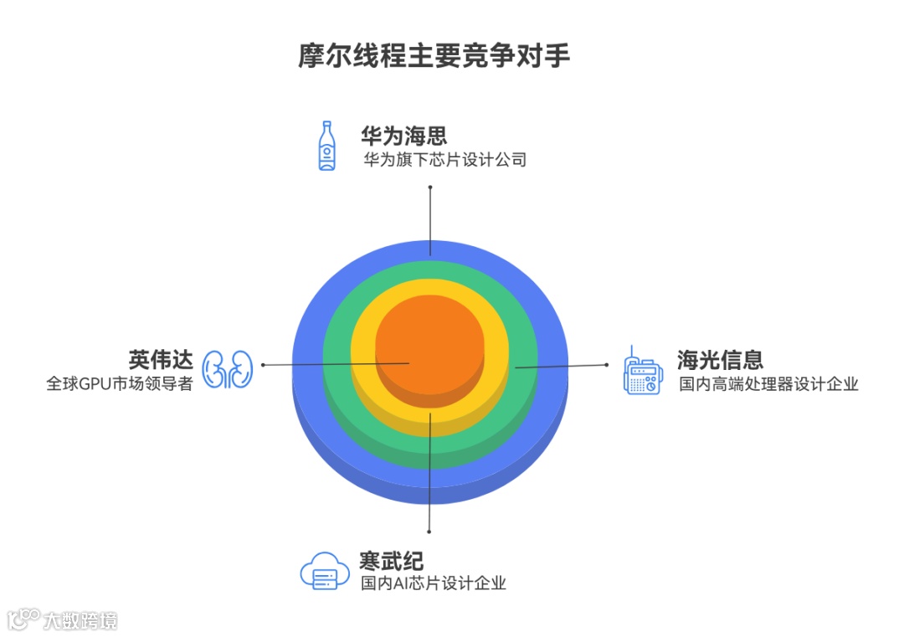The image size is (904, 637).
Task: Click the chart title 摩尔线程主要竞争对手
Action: (434, 56)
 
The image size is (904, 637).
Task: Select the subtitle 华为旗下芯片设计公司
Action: (444, 159)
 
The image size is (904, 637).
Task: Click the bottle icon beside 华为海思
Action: (326, 146)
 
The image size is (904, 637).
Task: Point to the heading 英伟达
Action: (161, 359)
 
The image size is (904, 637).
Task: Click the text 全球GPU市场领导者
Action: (120, 384)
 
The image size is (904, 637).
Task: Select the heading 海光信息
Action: (720, 360)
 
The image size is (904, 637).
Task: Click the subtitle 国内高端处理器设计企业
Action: (768, 384)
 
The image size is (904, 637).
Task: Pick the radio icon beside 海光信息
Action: (641, 371)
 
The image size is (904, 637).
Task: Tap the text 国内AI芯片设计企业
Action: (434, 583)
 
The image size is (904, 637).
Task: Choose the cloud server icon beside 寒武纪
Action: (324, 572)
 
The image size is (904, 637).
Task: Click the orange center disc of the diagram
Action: (429, 339)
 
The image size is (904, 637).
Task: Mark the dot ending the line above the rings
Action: (430, 188)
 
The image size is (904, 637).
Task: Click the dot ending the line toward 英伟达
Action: (264, 365)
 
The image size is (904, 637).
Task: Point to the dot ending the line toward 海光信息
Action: (606, 364)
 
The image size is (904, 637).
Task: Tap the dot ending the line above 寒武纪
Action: (429, 531)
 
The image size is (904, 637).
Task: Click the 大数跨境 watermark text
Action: (81, 620)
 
